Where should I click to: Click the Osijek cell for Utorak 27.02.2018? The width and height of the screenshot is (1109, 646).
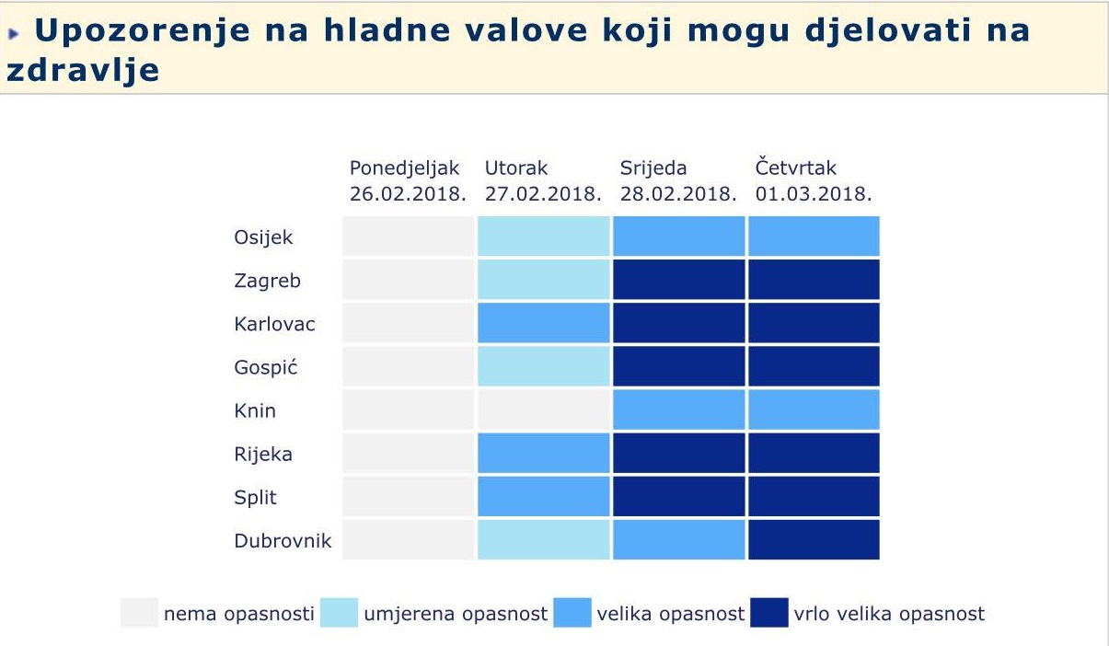[543, 236]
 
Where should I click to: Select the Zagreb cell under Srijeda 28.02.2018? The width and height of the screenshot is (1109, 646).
[678, 280]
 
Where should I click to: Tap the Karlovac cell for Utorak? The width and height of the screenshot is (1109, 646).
[543, 323]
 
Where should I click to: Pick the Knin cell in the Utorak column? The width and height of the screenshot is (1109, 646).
[543, 410]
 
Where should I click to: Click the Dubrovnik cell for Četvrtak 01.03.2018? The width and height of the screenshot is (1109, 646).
[814, 539]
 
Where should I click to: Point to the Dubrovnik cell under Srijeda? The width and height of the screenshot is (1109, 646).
[678, 539]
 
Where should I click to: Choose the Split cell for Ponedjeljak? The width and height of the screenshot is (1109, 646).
[408, 496]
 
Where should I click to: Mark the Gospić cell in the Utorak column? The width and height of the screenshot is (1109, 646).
[543, 366]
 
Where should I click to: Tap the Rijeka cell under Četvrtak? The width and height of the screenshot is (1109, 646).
[814, 453]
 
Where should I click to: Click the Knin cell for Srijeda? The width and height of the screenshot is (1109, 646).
[678, 410]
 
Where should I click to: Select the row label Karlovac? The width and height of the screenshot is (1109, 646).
[274, 324]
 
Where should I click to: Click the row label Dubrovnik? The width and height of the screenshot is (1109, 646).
[283, 540]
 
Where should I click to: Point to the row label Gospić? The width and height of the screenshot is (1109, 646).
[266, 367]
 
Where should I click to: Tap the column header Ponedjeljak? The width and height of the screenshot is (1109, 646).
[404, 168]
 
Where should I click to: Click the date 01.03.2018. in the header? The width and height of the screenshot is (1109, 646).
[814, 194]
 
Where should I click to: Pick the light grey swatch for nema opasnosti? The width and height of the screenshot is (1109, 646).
[139, 613]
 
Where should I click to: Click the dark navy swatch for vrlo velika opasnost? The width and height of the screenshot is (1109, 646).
[769, 613]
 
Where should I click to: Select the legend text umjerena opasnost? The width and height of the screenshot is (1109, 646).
[456, 614]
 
